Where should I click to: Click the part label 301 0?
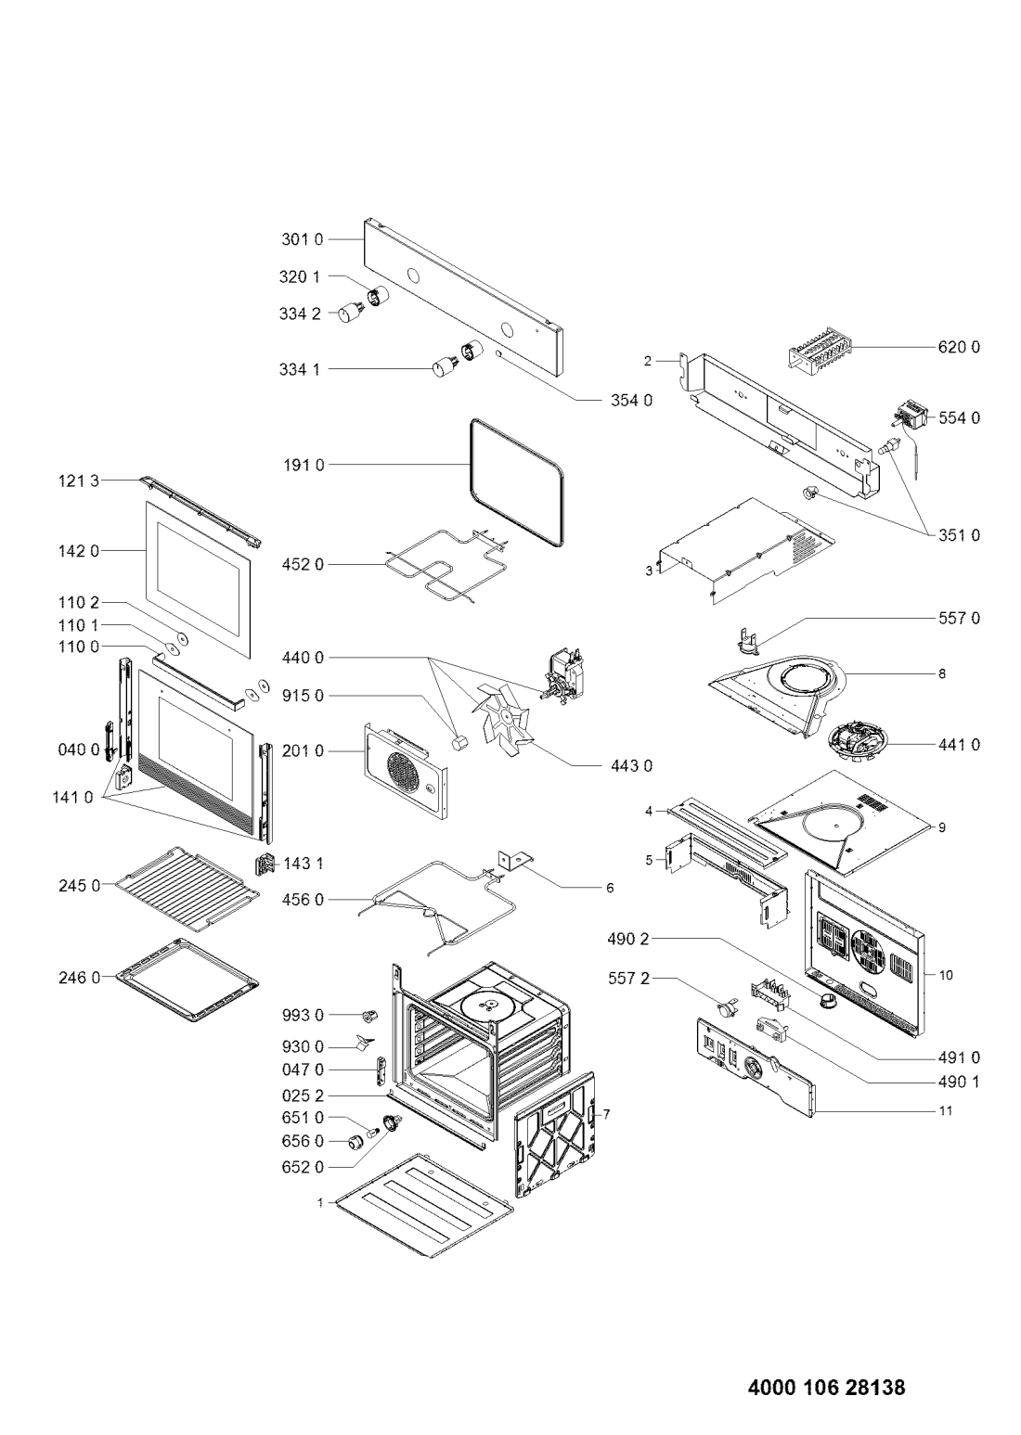[x=303, y=239]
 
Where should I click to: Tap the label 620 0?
[x=959, y=347]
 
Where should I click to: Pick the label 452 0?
[x=303, y=564]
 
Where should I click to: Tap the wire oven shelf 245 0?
[x=187, y=888]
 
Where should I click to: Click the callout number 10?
[x=946, y=975]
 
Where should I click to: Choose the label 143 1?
[x=304, y=864]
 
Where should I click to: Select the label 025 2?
[x=303, y=1095]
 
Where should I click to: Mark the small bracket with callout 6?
[x=515, y=861]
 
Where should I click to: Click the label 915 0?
[x=303, y=696]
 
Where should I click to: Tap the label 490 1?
[x=959, y=1082]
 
